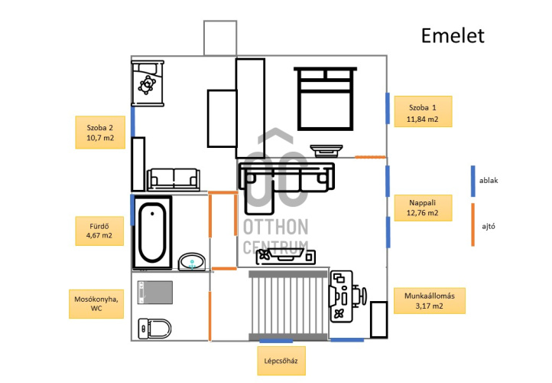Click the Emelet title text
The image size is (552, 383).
[x=453, y=36]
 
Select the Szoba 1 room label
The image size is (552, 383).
[x=422, y=112]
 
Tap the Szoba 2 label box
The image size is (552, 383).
[x=100, y=133]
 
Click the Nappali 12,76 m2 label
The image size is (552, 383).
[x=423, y=207]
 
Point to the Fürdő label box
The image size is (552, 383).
[x=99, y=231]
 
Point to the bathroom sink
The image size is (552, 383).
[x=192, y=262]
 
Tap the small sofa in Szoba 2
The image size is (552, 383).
[x=174, y=178]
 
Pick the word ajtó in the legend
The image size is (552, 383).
[x=489, y=226]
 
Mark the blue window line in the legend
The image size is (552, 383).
[x=473, y=181]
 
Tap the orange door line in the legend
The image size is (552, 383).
[x=473, y=224]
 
